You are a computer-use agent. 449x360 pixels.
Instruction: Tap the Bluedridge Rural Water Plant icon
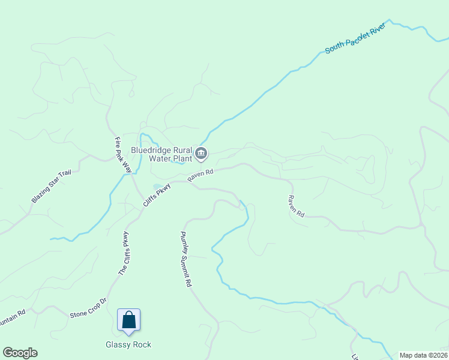click(202, 154)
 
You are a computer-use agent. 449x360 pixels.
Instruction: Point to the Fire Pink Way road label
click(123, 155)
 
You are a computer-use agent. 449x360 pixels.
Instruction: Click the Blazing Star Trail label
click(52, 186)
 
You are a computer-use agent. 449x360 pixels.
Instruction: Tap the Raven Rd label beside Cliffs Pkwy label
click(200, 176)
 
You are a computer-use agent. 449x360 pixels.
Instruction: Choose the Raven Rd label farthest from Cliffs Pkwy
click(296, 206)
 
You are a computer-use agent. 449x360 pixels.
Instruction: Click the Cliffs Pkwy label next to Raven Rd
click(157, 196)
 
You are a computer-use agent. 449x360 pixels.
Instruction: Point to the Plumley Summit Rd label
click(186, 259)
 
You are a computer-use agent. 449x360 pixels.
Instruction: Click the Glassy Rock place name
click(128, 344)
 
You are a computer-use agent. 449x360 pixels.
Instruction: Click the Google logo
click(20, 353)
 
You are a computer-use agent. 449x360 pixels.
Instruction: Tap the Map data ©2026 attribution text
click(423, 355)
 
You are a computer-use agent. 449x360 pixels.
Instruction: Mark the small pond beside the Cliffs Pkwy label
click(157, 186)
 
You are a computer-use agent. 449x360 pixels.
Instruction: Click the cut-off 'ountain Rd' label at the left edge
click(12, 317)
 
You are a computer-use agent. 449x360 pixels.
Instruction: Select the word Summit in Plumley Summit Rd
click(187, 262)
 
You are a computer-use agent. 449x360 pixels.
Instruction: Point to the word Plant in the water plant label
click(182, 159)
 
